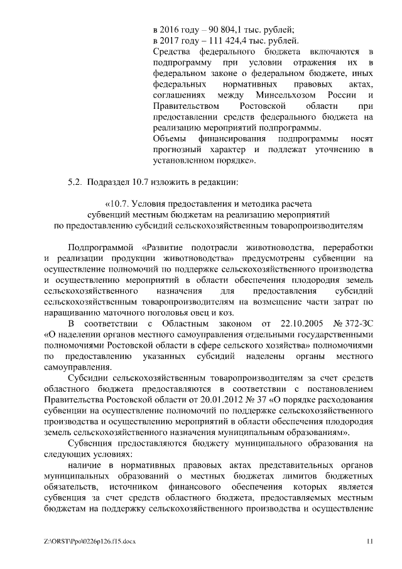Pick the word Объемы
coord(171,139)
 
